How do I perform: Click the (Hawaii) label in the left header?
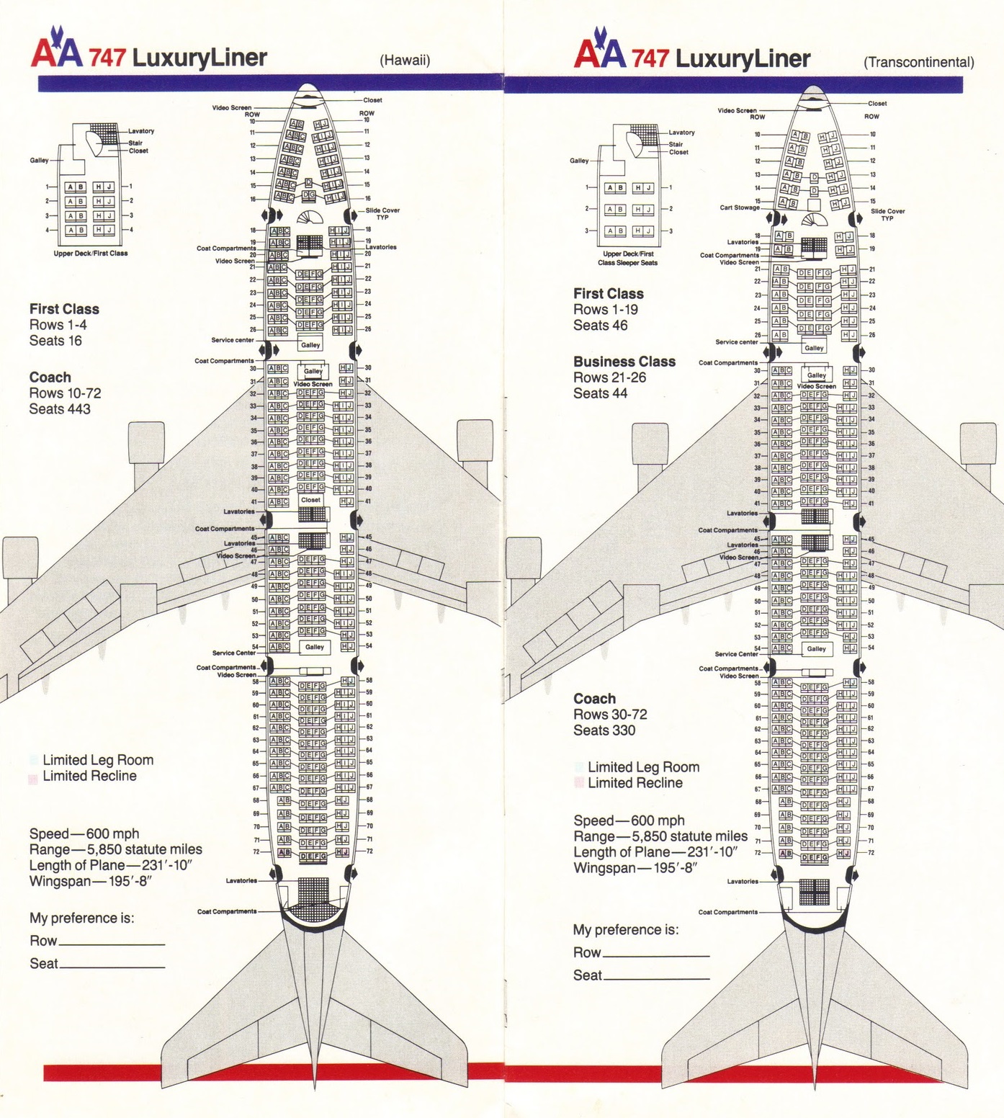coord(405,61)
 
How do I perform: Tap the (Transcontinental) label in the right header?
coord(918,62)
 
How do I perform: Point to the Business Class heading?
coord(624,362)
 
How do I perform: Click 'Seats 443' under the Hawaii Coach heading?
coord(60,409)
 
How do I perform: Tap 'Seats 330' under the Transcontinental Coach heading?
coord(604,730)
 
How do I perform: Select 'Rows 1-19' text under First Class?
coord(605,310)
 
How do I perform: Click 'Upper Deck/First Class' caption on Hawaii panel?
coord(91,254)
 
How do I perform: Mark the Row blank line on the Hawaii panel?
coord(112,944)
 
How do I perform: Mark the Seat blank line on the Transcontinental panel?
coord(656,978)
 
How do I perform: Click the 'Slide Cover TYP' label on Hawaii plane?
coord(382,213)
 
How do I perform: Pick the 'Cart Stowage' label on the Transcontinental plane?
coord(740,207)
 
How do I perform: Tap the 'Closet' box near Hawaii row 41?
coord(311,499)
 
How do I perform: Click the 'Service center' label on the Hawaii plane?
coord(233,340)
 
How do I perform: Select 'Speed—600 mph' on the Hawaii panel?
coord(84,833)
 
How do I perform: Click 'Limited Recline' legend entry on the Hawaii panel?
coord(89,776)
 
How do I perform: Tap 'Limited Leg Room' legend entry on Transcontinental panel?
coord(643,767)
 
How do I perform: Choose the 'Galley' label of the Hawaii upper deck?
coord(39,160)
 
